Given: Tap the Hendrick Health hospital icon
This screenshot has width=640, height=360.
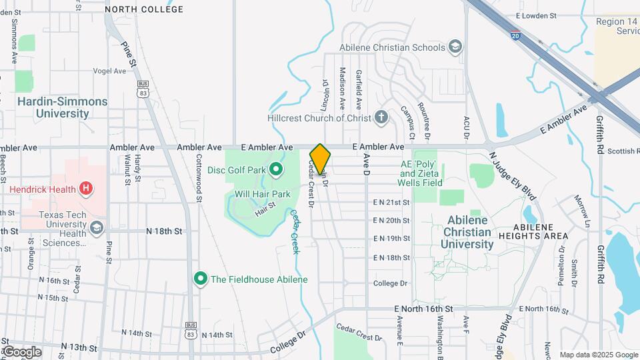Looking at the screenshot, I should [85, 189].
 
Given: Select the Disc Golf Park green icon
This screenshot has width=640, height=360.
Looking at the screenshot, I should [273, 169].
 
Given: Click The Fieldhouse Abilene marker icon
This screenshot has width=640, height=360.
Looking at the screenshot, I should [199, 279].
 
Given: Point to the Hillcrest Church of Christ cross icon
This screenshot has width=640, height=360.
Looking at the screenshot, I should [381, 118].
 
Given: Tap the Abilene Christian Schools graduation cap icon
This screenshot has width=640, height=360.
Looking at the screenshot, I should [455, 47].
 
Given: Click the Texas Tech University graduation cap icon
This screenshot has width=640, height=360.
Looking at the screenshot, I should [97, 227].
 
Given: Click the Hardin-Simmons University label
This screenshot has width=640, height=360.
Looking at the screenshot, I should [63, 107].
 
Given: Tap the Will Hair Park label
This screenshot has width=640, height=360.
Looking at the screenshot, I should [263, 194].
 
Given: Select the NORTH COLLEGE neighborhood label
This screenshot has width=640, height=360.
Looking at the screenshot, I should [143, 9].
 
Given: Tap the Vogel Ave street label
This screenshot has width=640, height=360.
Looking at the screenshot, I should [110, 71].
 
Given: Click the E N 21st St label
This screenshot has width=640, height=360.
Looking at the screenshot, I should [391, 202].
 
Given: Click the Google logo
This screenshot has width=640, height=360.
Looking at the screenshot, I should [22, 351].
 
